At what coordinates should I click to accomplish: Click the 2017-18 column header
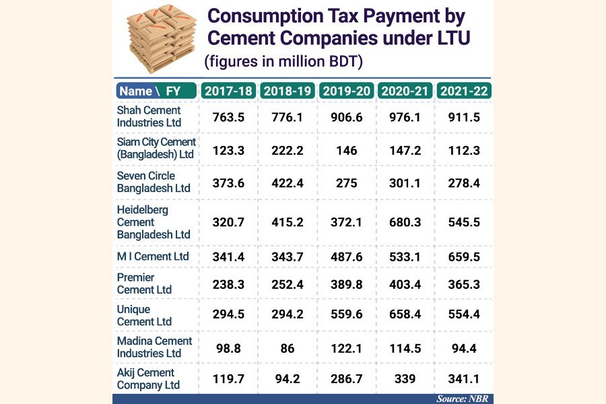point(228,91)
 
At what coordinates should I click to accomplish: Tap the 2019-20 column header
point(345,91)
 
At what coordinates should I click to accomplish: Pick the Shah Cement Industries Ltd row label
point(149,116)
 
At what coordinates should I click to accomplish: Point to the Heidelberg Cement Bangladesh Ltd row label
point(154,222)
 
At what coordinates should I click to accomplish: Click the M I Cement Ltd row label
point(153,257)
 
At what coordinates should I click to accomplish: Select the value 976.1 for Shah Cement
point(405,116)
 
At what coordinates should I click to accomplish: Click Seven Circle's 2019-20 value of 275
point(345,182)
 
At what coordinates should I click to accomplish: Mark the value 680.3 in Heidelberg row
point(405,222)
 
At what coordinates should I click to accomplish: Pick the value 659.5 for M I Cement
point(463,257)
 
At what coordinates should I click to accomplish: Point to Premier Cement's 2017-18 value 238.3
point(228,284)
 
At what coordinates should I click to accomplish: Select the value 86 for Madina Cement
point(287,347)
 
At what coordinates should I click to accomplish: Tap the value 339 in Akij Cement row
point(405,379)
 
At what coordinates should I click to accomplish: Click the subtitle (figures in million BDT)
point(283,62)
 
